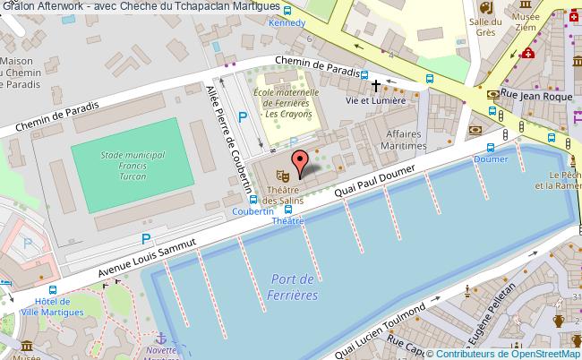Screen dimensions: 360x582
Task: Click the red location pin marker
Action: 301,161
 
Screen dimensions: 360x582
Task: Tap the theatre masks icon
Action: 279,167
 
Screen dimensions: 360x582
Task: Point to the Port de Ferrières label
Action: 295,287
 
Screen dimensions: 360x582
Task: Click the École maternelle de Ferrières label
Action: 287,103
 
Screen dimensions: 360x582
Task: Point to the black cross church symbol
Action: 376,85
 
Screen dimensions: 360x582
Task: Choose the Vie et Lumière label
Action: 376,101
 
